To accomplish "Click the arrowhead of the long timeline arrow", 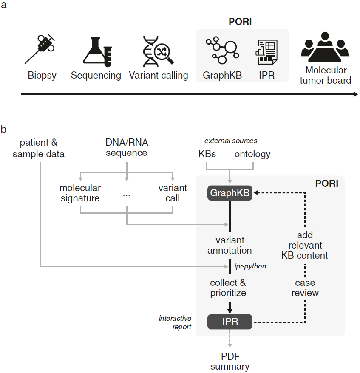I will (x=355, y=94).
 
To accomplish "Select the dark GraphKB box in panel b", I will (x=230, y=193).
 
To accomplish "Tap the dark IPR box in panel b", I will (x=230, y=322).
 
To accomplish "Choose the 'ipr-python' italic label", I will (x=249, y=266).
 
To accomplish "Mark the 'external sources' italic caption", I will (x=230, y=141).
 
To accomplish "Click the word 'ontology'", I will (x=252, y=154).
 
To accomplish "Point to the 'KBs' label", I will (x=207, y=154).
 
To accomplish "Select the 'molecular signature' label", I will (x=80, y=193).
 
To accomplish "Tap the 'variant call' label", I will (x=172, y=193).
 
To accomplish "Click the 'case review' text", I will (x=306, y=288).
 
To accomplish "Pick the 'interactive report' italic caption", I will (x=175, y=322).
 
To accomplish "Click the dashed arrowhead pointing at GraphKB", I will (x=256, y=193).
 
